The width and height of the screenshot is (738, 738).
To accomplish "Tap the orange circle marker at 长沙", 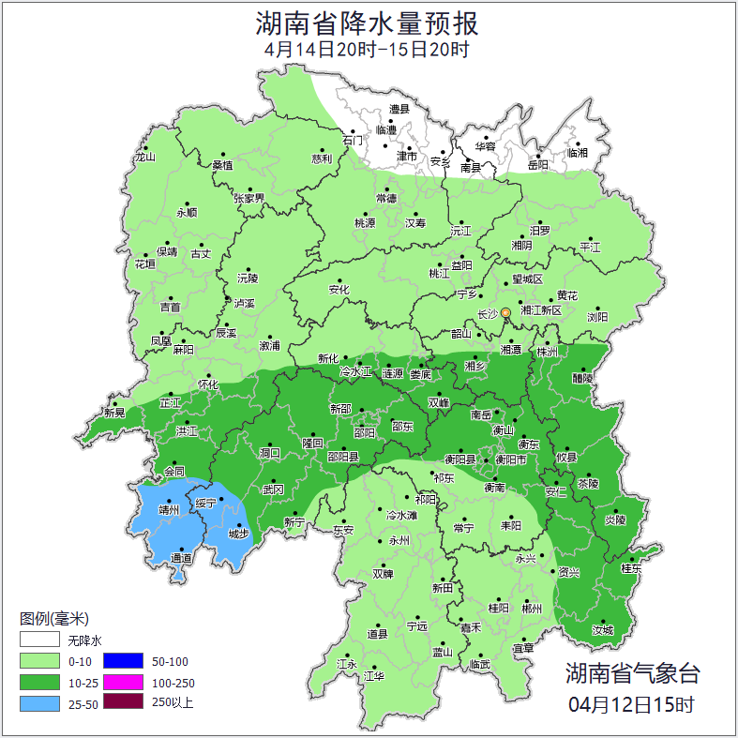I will (x=505, y=312).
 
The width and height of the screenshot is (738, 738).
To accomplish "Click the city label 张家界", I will (x=249, y=198).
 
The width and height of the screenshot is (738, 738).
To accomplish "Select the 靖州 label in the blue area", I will (x=169, y=510).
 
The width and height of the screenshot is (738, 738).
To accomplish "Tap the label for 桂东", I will (x=631, y=568).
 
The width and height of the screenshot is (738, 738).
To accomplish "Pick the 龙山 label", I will (x=144, y=157).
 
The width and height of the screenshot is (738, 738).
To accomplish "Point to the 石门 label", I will (x=353, y=140).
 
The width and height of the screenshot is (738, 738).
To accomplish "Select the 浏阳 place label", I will (x=597, y=316).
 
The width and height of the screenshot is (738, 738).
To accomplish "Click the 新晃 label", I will (x=114, y=413).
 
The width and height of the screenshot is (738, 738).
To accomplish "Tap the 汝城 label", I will (x=602, y=630).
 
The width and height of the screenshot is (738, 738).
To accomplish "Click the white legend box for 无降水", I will (x=39, y=640).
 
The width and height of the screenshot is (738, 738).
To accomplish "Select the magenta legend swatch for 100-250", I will (x=122, y=683).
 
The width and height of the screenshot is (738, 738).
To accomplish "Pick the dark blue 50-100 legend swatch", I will (x=122, y=661).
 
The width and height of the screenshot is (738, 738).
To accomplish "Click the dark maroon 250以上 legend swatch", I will (x=122, y=702).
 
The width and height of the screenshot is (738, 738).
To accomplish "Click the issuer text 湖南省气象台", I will (x=632, y=672).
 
